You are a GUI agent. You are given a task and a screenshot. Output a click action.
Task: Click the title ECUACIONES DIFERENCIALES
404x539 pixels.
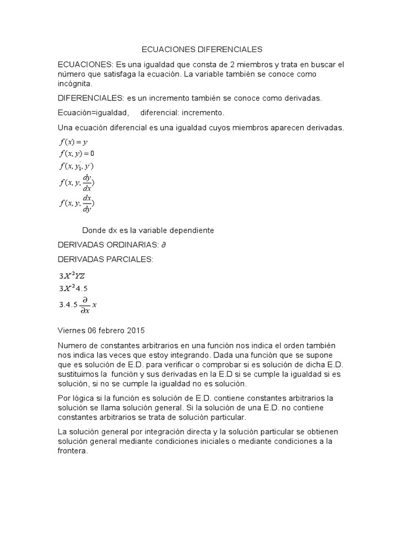pos(202,50)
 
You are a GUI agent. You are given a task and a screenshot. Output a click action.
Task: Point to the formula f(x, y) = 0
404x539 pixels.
pos(77,154)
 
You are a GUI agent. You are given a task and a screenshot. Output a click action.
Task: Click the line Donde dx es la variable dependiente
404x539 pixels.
pos(148,231)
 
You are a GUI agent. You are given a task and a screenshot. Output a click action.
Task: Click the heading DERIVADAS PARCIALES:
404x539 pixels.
pos(105,259)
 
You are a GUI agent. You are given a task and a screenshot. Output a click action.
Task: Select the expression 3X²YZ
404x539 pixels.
pos(72,275)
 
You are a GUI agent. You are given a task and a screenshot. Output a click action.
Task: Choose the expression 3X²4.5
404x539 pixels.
pos(72,288)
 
